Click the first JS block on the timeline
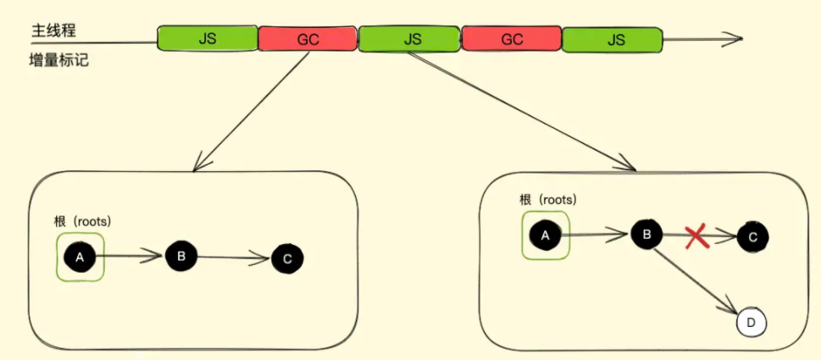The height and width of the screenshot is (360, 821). (x=208, y=38)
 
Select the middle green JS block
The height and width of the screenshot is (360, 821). (x=411, y=38)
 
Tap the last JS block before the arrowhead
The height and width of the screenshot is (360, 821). (x=613, y=38)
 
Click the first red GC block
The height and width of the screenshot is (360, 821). (x=308, y=38)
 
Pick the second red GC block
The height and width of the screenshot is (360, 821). (x=512, y=38)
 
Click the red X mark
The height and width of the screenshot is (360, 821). (x=697, y=237)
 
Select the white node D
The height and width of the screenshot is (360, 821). (x=751, y=323)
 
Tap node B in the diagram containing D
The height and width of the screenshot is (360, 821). (x=646, y=235)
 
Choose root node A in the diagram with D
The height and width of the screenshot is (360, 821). (x=545, y=235)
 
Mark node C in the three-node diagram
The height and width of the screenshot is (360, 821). (x=287, y=259)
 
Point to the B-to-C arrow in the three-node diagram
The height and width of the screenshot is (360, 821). (x=233, y=257)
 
